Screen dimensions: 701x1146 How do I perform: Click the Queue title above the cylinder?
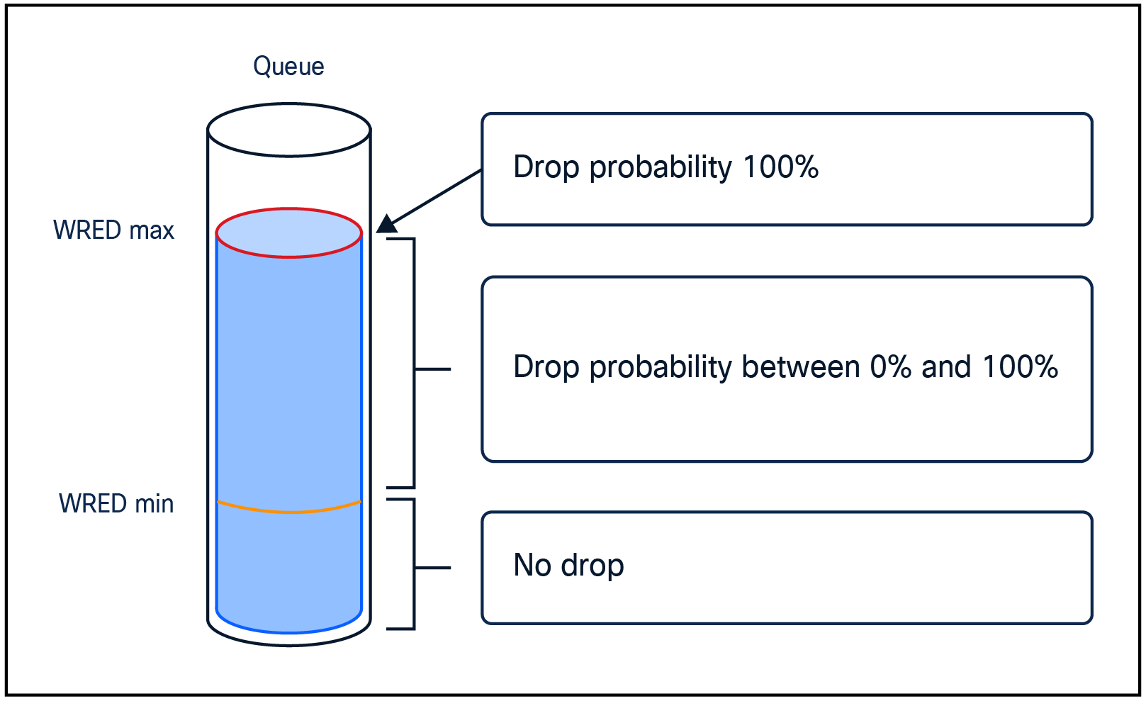pyautogui.click(x=288, y=67)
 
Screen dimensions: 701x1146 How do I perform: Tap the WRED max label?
pyautogui.click(x=113, y=230)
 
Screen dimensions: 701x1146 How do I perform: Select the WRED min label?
pyautogui.click(x=116, y=504)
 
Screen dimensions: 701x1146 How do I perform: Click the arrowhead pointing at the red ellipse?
pyautogui.click(x=387, y=225)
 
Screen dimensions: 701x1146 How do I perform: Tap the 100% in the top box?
pyautogui.click(x=780, y=167)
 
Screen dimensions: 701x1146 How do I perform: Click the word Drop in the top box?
pyautogui.click(x=546, y=167)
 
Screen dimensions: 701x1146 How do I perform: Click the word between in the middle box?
pyautogui.click(x=801, y=367)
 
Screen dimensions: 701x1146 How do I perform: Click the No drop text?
pyautogui.click(x=568, y=566)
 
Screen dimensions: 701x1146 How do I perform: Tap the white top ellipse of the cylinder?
pyautogui.click(x=289, y=130)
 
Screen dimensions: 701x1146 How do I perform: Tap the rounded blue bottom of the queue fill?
pyautogui.click(x=289, y=624)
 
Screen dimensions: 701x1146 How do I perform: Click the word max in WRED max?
pyautogui.click(x=152, y=230)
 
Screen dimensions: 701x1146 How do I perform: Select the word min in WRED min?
pyautogui.click(x=155, y=504)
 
